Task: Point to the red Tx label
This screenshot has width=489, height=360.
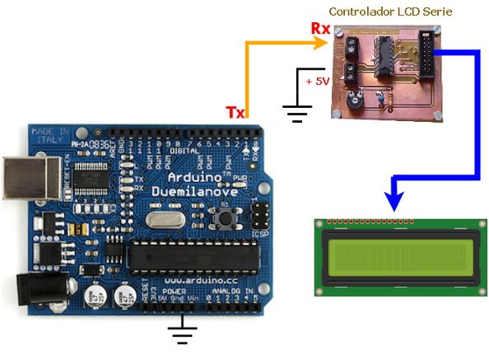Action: (x=235, y=112)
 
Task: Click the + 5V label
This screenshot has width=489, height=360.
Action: (x=316, y=82)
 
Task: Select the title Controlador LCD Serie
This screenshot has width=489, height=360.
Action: (x=390, y=12)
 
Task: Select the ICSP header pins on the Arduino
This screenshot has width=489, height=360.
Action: (x=260, y=215)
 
